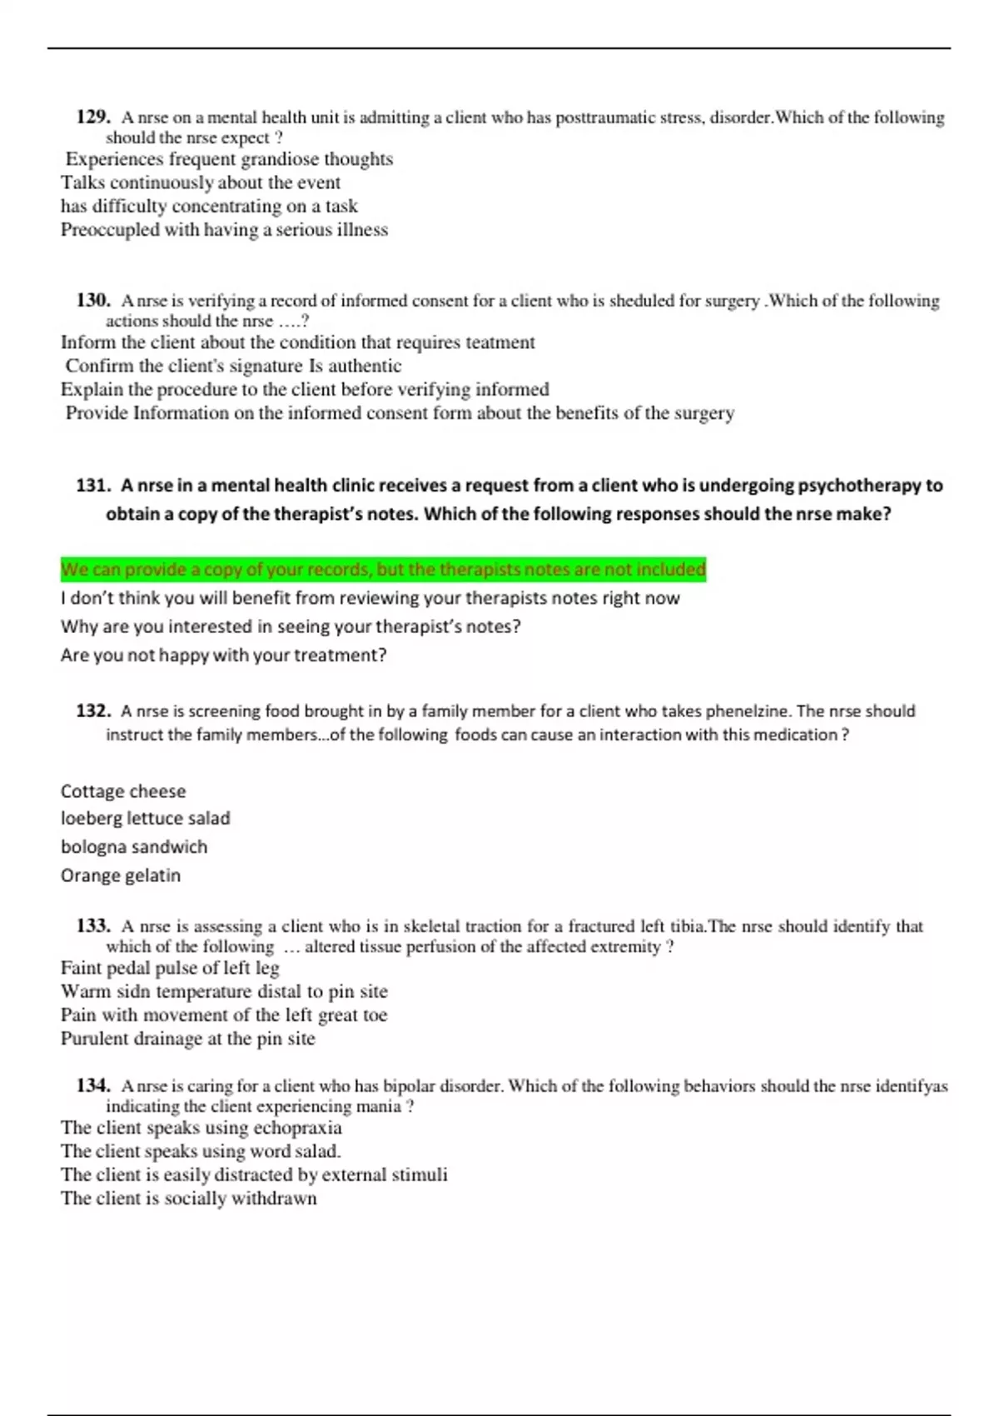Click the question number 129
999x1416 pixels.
click(93, 117)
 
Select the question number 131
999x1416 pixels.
click(93, 486)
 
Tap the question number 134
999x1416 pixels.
click(93, 1086)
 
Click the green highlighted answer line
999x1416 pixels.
click(383, 570)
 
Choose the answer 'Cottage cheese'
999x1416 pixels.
click(123, 791)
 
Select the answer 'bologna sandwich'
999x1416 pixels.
click(134, 847)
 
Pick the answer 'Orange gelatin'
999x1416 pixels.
click(121, 875)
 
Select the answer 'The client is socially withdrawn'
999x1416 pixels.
click(189, 1199)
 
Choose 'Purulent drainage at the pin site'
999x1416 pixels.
click(188, 1039)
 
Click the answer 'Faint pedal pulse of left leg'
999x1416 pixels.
click(170, 968)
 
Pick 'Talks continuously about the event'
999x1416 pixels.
click(201, 182)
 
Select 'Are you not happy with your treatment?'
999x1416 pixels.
click(224, 656)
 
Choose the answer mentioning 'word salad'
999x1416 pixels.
click(201, 1151)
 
